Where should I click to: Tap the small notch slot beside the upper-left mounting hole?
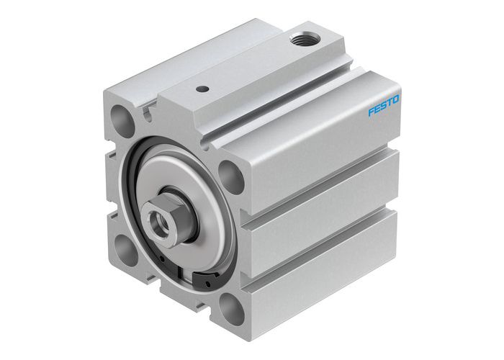(x=148, y=111)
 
